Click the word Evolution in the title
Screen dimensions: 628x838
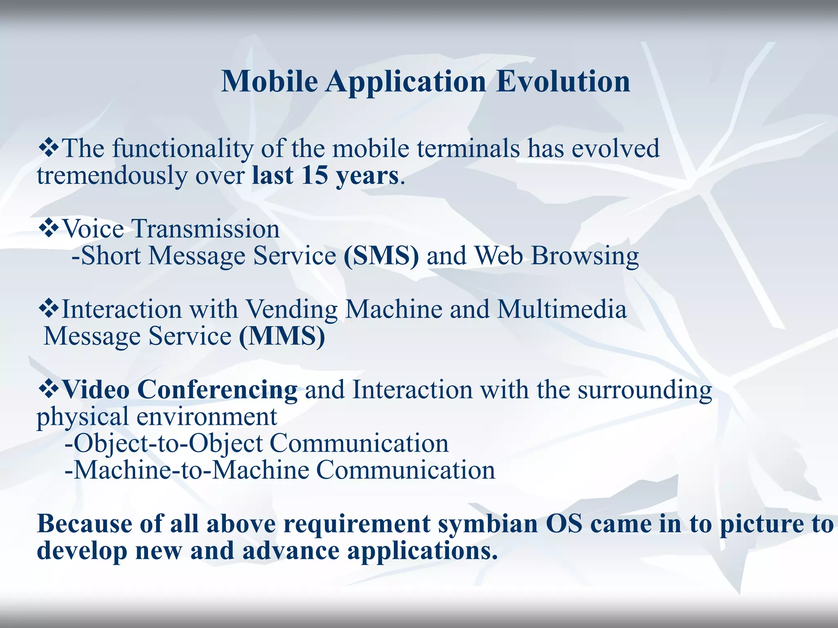(563, 81)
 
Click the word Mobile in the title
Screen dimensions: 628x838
(269, 81)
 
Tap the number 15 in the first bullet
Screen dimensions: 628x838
(315, 175)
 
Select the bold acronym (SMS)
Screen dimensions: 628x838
(381, 256)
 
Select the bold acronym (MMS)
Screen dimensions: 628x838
(282, 336)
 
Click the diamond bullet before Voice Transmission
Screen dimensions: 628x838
(48, 229)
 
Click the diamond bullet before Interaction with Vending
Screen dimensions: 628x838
(48, 309)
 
